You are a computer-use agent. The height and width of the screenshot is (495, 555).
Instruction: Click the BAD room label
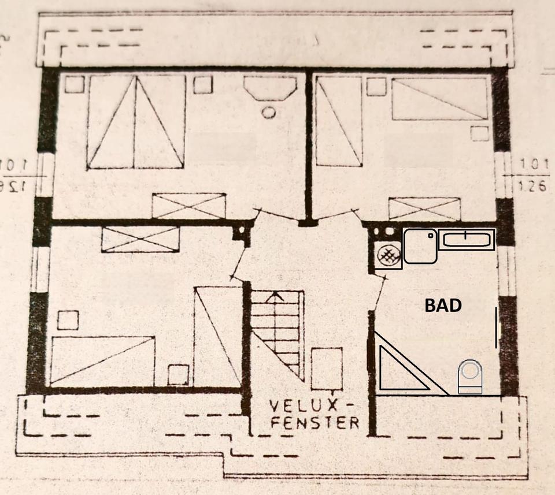(x=443, y=305)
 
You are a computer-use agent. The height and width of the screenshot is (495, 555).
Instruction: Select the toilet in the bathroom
(x=469, y=377)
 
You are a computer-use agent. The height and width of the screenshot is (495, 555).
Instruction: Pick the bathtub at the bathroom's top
(x=466, y=239)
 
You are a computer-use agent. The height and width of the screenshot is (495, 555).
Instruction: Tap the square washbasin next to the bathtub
(x=420, y=246)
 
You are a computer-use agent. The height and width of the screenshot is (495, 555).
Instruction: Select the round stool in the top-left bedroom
(x=268, y=111)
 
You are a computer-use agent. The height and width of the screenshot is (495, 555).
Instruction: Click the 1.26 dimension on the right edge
(x=532, y=186)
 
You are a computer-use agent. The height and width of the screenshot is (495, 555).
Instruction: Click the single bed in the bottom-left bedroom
(x=102, y=360)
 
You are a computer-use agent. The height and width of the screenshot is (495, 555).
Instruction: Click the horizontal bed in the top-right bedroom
(x=439, y=98)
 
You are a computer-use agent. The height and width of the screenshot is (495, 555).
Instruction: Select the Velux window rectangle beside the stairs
(x=327, y=369)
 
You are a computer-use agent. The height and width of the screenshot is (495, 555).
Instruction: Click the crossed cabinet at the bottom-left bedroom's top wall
(x=140, y=239)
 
